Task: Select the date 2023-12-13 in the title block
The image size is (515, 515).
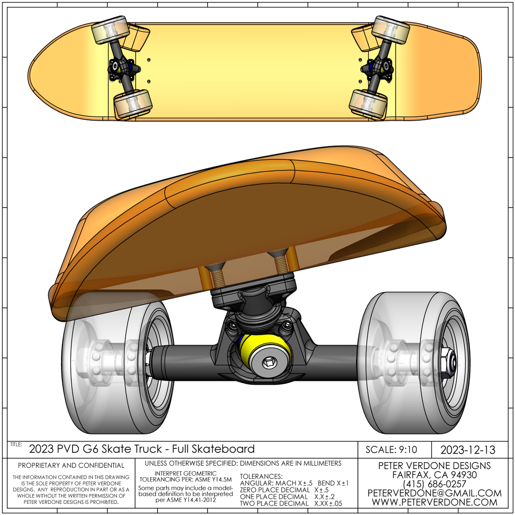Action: (x=468, y=450)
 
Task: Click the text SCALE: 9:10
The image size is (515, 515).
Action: (x=391, y=450)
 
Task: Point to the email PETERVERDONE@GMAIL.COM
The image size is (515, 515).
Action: (x=434, y=493)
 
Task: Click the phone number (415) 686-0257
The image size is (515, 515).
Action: (x=434, y=484)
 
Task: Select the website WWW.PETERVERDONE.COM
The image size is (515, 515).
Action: (x=434, y=502)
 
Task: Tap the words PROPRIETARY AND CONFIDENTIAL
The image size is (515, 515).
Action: (x=71, y=465)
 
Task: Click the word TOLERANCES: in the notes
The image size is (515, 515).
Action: (x=261, y=476)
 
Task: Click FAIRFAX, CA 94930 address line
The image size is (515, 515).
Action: (x=434, y=475)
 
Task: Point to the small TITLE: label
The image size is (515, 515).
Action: (x=16, y=445)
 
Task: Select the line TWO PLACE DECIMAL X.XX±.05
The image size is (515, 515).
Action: (x=291, y=503)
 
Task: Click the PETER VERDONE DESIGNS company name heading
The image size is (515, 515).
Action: (x=434, y=466)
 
